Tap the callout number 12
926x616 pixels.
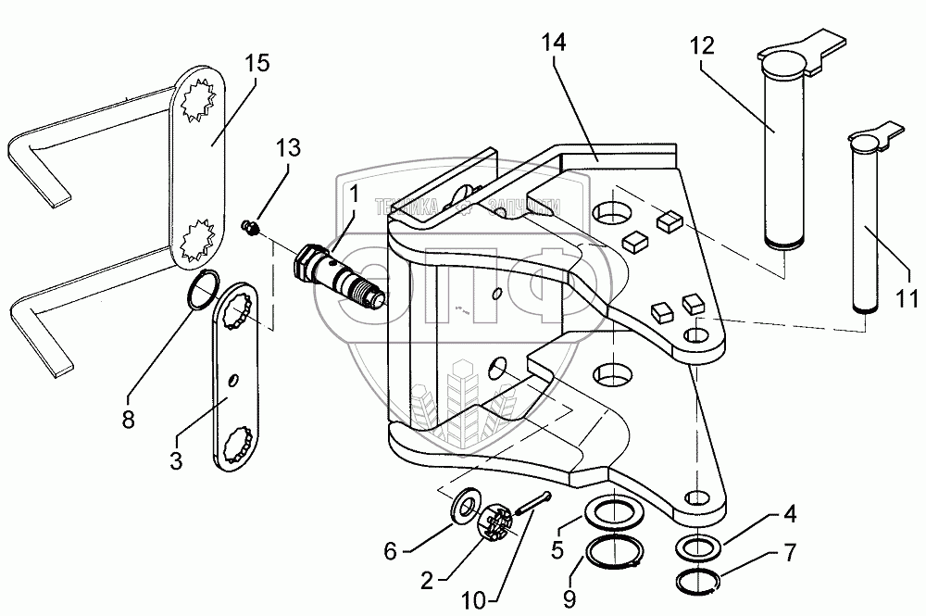[703, 46]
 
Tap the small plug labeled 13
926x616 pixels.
[249, 227]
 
